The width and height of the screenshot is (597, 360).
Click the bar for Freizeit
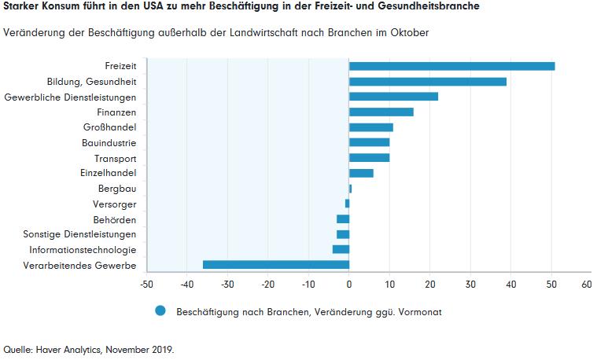point(451,66)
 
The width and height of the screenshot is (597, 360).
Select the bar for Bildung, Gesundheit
point(427,81)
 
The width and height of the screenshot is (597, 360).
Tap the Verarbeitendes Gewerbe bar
point(275,265)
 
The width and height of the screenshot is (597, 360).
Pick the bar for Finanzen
point(381,112)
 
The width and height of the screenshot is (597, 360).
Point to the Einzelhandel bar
point(361,173)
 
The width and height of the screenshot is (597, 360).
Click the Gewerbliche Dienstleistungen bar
point(393,97)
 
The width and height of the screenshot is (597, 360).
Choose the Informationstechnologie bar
point(341,249)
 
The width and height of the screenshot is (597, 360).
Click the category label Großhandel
point(109,127)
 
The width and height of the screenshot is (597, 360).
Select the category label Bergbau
point(117,189)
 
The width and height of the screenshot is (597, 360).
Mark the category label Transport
point(116,158)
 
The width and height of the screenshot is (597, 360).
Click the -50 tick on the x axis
point(146,284)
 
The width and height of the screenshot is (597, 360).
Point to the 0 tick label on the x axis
point(349,284)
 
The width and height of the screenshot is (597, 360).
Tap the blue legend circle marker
point(161,311)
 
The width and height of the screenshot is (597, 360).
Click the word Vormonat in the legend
point(420,312)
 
